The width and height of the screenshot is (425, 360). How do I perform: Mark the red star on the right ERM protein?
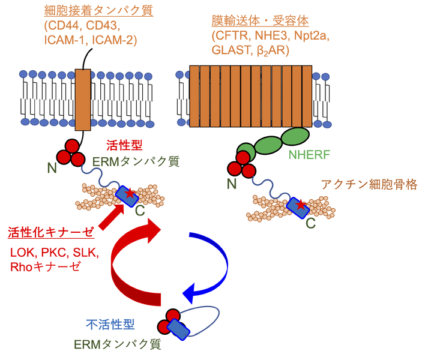[x=301, y=206]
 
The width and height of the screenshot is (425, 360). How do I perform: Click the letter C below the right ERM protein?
[x=311, y=224]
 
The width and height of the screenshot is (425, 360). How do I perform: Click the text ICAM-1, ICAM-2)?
[x=90, y=40]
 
